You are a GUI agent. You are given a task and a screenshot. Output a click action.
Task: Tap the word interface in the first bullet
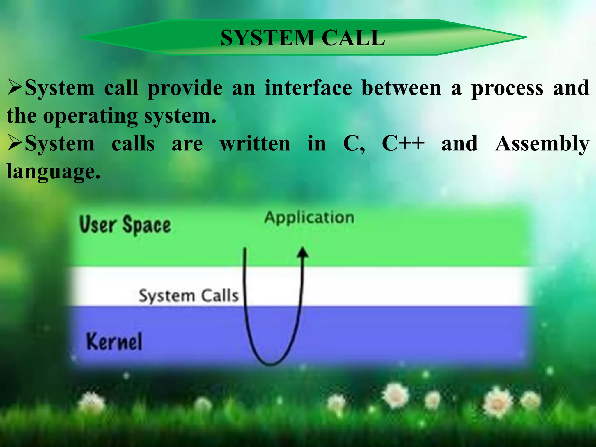pos(308,88)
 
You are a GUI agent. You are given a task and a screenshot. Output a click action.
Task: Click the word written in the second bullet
pos(255,144)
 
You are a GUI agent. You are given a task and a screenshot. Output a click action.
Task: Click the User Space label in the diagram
pos(125,225)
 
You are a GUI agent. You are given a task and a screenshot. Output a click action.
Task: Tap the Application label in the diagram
pos(309,218)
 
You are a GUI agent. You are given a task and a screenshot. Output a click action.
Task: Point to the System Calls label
pos(189,296)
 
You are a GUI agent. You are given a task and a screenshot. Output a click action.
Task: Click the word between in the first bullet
pos(401,88)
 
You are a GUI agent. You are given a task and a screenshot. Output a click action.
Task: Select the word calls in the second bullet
pos(133,144)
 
